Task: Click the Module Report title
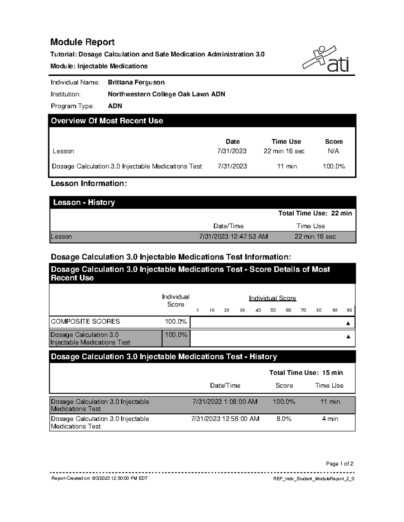click(x=82, y=42)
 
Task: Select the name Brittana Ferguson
click(x=136, y=82)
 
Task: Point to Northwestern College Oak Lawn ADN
click(x=166, y=94)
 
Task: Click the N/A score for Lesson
click(x=333, y=151)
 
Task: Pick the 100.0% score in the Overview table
click(x=334, y=166)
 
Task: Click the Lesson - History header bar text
click(x=84, y=202)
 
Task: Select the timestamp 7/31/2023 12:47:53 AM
click(x=233, y=237)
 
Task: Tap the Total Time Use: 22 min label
click(x=315, y=213)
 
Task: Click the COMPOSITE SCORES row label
click(x=85, y=321)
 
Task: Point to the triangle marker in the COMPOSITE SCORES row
click(x=348, y=323)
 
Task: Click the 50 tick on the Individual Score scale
click(x=273, y=310)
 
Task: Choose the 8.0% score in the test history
click(x=284, y=419)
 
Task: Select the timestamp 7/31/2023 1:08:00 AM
click(x=225, y=402)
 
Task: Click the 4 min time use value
click(x=330, y=419)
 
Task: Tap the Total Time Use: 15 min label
click(x=306, y=372)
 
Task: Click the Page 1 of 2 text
click(x=339, y=464)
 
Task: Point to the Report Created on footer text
click(x=99, y=478)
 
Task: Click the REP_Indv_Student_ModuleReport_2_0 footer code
click(x=314, y=479)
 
